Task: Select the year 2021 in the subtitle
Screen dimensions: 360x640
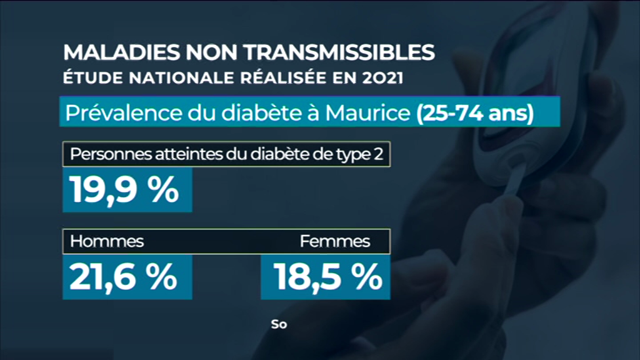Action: tap(374, 78)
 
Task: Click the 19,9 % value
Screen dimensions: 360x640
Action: tap(124, 191)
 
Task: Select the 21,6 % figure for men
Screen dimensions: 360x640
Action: tap(123, 277)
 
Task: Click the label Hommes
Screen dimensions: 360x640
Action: tap(107, 241)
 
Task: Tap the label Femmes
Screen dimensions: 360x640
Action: tap(335, 241)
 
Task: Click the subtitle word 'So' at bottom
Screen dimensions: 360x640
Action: tap(278, 324)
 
